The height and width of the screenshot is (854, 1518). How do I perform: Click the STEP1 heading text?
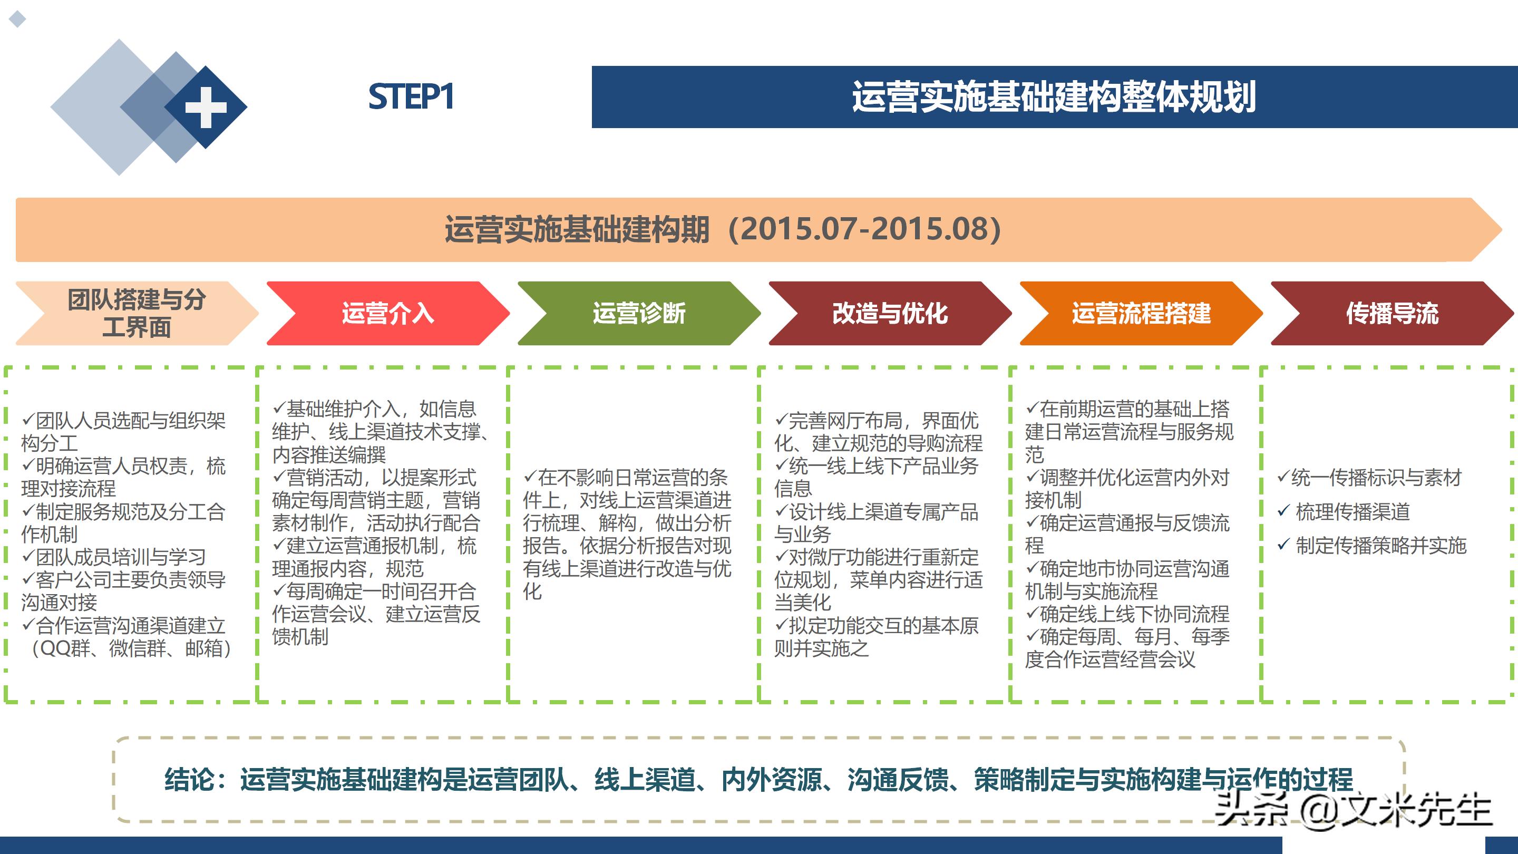[x=411, y=96]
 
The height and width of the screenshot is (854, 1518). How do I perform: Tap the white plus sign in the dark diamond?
[x=206, y=107]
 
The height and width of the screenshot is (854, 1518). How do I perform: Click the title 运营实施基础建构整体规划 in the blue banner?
[x=1054, y=96]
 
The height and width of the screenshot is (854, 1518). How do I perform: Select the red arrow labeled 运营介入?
[x=387, y=313]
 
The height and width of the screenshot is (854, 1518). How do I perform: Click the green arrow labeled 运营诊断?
[x=639, y=313]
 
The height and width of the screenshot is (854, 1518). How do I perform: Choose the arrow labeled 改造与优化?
[x=890, y=313]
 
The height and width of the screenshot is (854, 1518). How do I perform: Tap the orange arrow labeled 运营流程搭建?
[x=1141, y=313]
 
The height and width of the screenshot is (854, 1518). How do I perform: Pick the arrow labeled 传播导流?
[x=1392, y=313]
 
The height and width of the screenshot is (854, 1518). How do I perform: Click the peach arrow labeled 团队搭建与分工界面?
[x=136, y=313]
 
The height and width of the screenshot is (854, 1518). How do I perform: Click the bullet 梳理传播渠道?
[x=1352, y=511]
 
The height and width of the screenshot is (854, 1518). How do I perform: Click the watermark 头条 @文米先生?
[x=1353, y=809]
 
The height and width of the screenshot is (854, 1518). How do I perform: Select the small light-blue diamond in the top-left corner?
[x=18, y=19]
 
